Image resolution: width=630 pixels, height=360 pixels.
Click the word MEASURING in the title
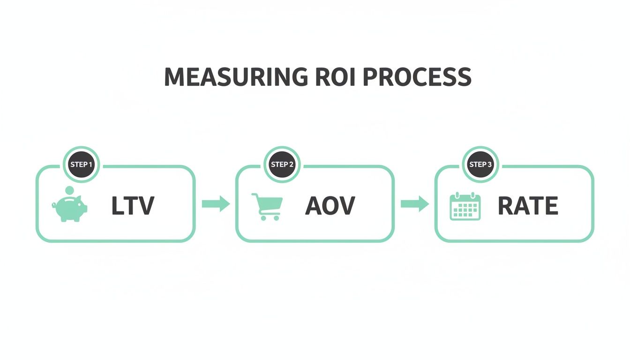pyautogui.click(x=236, y=77)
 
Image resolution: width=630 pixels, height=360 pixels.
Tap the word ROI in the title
pyautogui.click(x=336, y=77)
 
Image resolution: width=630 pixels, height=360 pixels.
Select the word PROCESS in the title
pyautogui.click(x=417, y=77)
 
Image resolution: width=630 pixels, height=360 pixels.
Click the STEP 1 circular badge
pyautogui.click(x=81, y=165)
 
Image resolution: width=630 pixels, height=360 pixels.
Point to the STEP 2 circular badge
pyautogui.click(x=282, y=165)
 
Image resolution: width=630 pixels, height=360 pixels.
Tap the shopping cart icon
pyautogui.click(x=267, y=206)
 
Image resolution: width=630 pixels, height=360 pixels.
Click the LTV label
pyautogui.click(x=133, y=206)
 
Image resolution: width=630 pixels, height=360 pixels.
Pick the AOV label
pyautogui.click(x=330, y=206)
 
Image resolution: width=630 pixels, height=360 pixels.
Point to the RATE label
pyautogui.click(x=528, y=206)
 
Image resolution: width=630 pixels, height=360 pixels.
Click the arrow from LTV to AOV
pyautogui.click(x=216, y=204)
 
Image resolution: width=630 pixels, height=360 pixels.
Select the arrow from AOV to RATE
pyautogui.click(x=415, y=204)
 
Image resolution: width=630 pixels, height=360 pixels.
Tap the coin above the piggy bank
pyautogui.click(x=69, y=190)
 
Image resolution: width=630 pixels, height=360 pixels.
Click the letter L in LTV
pyautogui.click(x=117, y=206)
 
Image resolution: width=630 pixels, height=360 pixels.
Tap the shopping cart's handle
pyautogui.click(x=254, y=195)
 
